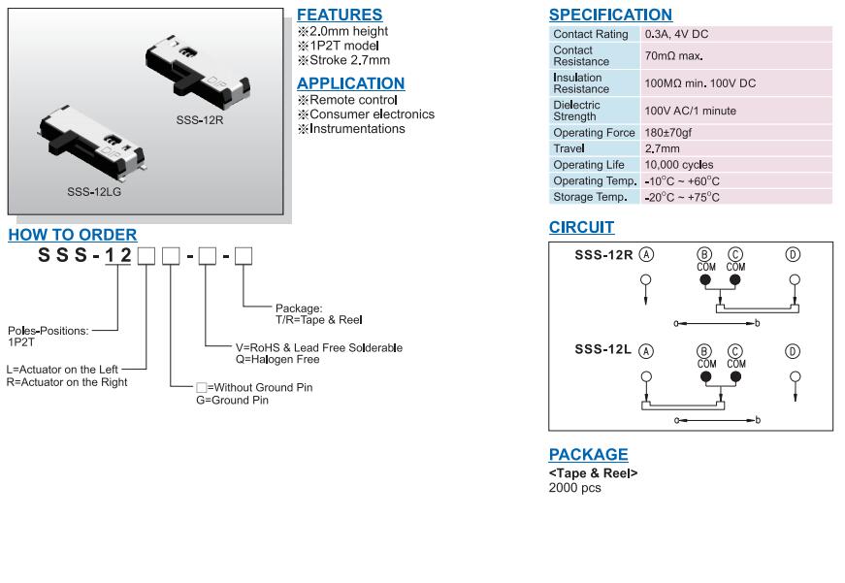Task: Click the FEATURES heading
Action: click(x=340, y=16)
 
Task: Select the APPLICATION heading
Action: click(x=350, y=83)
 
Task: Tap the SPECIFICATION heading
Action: click(x=610, y=16)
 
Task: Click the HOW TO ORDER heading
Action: click(x=73, y=235)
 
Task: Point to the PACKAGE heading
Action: click(x=588, y=455)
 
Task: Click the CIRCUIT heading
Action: click(x=581, y=228)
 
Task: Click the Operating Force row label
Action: click(x=594, y=133)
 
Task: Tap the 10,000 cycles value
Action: click(x=678, y=165)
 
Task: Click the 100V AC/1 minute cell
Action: click(x=690, y=111)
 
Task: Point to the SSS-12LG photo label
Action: click(x=94, y=192)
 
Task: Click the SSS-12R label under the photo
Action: click(x=200, y=119)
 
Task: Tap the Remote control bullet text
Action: click(x=353, y=100)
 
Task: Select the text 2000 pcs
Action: click(x=574, y=488)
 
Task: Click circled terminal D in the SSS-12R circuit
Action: click(x=793, y=255)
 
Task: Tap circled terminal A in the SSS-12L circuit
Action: click(x=646, y=351)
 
